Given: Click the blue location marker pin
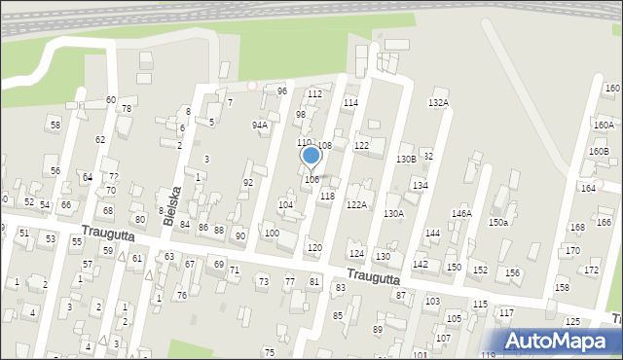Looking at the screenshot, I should tap(311, 156).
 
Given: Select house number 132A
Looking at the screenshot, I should tap(438, 102).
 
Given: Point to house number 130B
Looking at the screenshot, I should tap(405, 159).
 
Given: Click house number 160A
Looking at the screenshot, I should tap(604, 125).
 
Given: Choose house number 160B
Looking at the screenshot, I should tap(598, 151).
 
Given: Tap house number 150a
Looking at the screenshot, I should tap(498, 222).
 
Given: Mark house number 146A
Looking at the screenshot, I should tap(460, 213).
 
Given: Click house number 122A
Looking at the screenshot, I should tap(356, 204).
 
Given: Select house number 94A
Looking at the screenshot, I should tap(259, 125).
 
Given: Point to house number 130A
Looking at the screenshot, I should tap(393, 213).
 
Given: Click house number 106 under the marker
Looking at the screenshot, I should tap(311, 179).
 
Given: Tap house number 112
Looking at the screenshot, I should tap(314, 93).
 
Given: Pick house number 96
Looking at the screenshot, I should tap(282, 90).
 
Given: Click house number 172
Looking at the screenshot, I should tap(591, 270).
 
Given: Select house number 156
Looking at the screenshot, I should tap(512, 272).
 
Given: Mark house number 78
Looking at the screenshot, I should tap(126, 108).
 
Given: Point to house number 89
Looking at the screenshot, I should tap(378, 330).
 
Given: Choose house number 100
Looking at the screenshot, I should tap(272, 234).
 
